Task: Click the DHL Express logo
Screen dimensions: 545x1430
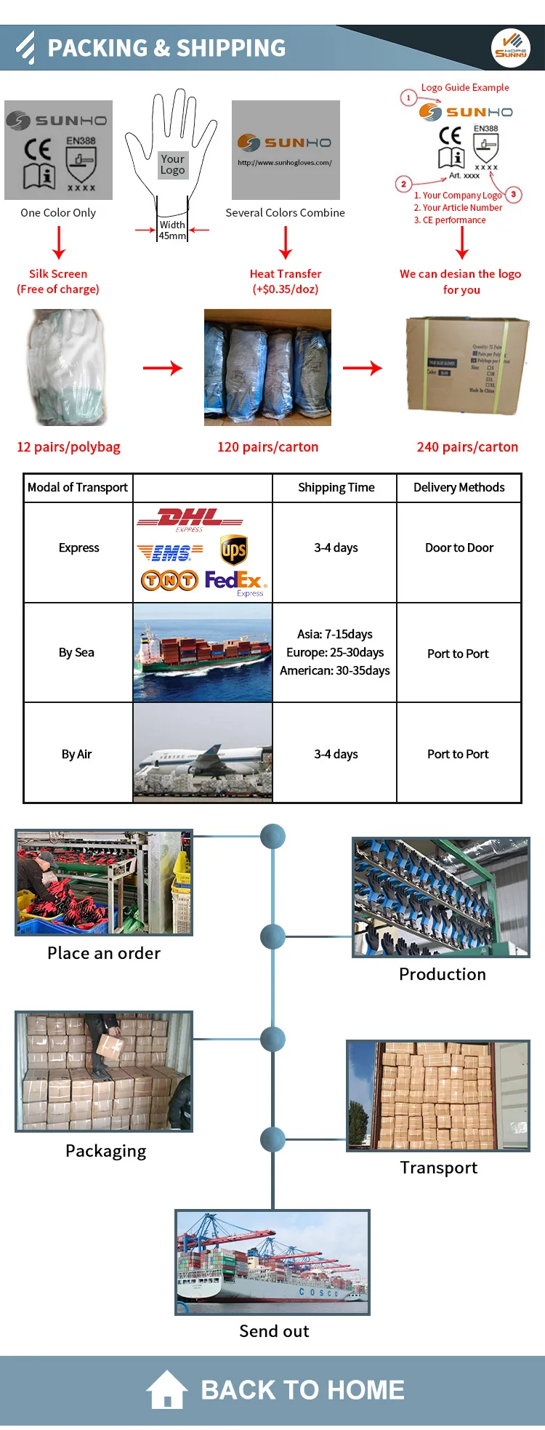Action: point(190,519)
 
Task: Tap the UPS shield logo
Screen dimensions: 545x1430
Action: point(233,550)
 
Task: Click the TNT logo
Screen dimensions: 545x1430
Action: point(169,580)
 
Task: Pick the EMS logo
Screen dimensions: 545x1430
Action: point(170,553)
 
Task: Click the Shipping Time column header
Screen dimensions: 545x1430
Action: point(336,487)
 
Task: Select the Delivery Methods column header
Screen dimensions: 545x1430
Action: point(459,487)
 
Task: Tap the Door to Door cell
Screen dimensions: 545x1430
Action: point(459,547)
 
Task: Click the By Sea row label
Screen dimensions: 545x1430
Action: point(76,652)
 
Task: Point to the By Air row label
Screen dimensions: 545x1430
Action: point(76,754)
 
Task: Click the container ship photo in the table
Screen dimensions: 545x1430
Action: point(203,652)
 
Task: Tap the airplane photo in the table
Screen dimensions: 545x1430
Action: point(203,754)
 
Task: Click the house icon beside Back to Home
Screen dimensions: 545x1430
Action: point(167,1389)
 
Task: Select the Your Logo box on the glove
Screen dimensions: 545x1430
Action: point(172,164)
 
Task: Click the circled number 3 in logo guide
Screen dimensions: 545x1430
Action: point(513,194)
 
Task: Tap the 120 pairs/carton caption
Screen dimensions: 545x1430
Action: point(267,447)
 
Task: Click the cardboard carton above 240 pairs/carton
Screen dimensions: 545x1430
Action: point(467,365)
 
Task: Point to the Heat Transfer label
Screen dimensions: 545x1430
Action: point(285,274)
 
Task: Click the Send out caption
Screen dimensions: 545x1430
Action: point(274,1331)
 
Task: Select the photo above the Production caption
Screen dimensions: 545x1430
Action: point(440,897)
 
